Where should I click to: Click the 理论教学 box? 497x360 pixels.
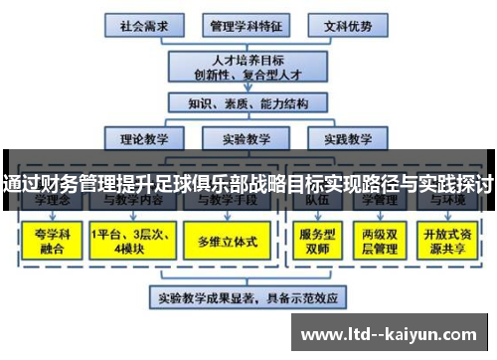[x=143, y=138]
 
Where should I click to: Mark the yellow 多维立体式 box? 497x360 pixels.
[x=226, y=241]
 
